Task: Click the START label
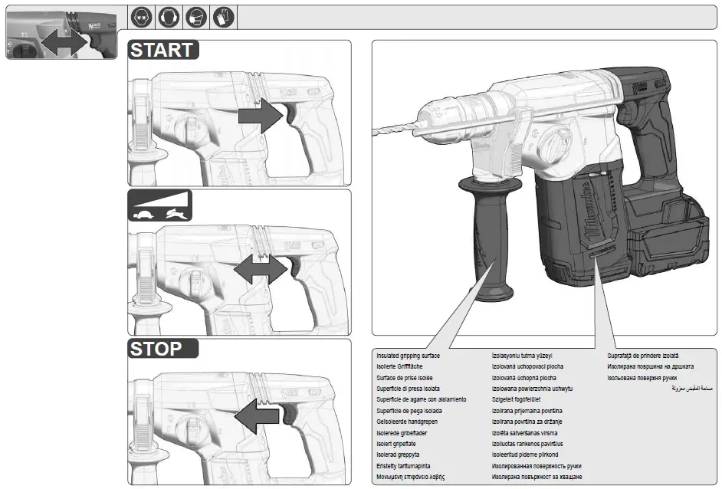click(x=162, y=51)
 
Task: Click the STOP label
click(x=156, y=350)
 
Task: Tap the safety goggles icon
click(x=140, y=16)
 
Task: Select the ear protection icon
click(x=168, y=16)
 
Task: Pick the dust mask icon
click(x=196, y=16)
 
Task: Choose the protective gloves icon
click(x=224, y=16)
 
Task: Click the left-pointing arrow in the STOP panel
click(x=258, y=415)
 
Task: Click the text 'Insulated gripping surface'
click(x=408, y=356)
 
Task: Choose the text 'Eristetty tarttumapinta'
click(x=403, y=466)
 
